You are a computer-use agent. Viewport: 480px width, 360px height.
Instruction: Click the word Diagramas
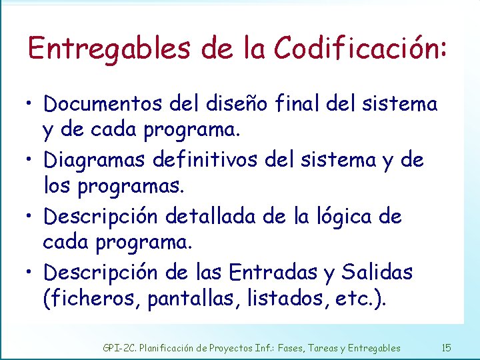tap(95, 160)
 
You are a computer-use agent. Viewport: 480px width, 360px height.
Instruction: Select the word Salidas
tap(377, 272)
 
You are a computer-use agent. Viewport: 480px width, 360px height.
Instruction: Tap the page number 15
tap(446, 347)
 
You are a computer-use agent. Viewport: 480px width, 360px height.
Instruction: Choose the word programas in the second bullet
tap(129, 187)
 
